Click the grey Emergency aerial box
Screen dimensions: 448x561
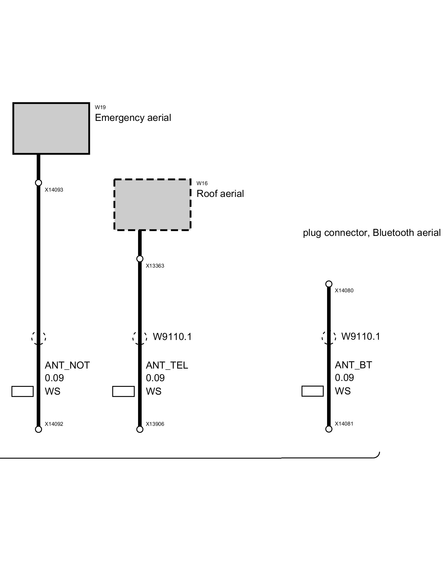point(51,128)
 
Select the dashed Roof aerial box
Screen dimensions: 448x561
point(153,204)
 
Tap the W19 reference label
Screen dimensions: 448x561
point(100,107)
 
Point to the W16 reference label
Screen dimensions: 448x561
point(202,183)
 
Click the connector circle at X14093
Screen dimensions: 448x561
point(39,183)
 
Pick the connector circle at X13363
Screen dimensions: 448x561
point(140,259)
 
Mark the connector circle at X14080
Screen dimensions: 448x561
point(329,284)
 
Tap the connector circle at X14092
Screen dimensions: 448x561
point(39,429)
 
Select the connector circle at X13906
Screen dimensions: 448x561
point(140,429)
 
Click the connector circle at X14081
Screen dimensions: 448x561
point(329,429)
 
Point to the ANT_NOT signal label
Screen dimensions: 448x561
point(67,365)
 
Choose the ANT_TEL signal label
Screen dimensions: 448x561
point(167,365)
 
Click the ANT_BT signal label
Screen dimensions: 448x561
point(353,365)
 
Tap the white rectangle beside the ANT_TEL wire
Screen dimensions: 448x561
point(123,391)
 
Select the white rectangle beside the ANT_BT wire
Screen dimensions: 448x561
point(313,391)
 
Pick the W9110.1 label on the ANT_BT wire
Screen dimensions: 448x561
point(361,336)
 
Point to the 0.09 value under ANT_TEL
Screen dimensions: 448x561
point(155,378)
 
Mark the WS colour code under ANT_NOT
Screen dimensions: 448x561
point(53,391)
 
